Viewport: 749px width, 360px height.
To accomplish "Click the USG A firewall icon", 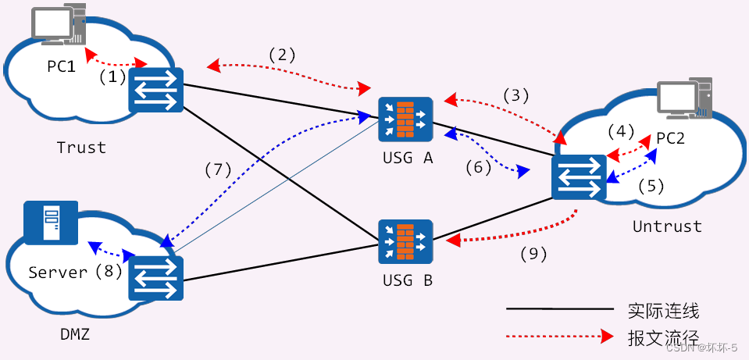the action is click(x=405, y=119).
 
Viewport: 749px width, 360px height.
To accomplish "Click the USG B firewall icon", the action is click(x=405, y=241).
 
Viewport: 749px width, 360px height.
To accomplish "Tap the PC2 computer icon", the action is click(x=684, y=100).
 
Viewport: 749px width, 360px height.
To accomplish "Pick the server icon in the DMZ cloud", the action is click(x=51, y=223).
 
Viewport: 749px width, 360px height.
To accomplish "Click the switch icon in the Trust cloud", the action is click(x=155, y=91).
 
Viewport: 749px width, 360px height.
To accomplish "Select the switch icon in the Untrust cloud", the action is click(x=579, y=177).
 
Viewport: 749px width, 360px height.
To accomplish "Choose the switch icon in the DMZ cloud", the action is click(x=155, y=278).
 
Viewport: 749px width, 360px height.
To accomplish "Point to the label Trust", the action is click(x=82, y=147).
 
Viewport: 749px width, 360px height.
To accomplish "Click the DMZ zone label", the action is click(x=75, y=335).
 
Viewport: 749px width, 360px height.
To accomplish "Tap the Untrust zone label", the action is click(x=667, y=226).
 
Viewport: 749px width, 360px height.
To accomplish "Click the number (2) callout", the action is click(x=282, y=55).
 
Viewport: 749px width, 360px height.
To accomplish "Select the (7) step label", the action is click(x=218, y=170).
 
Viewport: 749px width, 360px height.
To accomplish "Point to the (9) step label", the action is click(x=533, y=255).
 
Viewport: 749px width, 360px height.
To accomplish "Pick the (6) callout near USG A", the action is click(x=478, y=167).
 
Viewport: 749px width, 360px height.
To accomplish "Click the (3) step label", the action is click(x=516, y=96).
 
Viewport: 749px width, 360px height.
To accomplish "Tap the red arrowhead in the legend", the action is click(x=607, y=337).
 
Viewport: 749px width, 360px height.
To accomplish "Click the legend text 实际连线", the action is click(x=664, y=311).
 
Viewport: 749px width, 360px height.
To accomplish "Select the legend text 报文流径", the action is click(x=664, y=337).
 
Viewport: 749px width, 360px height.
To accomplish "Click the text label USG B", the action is click(x=408, y=280).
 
